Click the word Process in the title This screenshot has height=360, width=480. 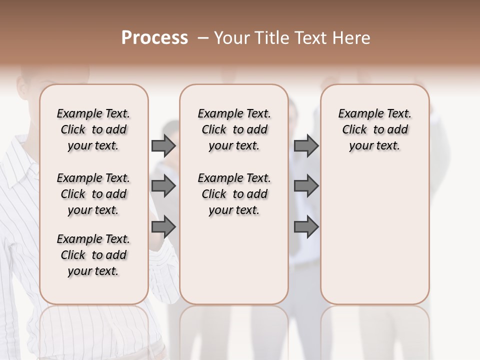click(154, 38)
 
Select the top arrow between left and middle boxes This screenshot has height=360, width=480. click(163, 145)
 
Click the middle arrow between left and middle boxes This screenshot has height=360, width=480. click(163, 186)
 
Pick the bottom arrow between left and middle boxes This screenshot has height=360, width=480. click(163, 226)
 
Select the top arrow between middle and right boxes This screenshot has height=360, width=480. click(306, 145)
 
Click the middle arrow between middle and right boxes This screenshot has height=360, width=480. click(306, 186)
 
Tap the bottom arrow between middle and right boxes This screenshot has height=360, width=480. click(306, 226)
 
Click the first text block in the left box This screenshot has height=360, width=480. click(93, 129)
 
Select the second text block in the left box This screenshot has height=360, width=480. click(93, 194)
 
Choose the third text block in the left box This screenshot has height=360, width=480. click(93, 255)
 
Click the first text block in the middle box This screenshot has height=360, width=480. click(234, 129)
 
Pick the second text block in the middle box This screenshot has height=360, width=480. click(234, 194)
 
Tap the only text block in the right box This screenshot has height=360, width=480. click(374, 129)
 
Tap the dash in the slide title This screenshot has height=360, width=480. click(202, 38)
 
